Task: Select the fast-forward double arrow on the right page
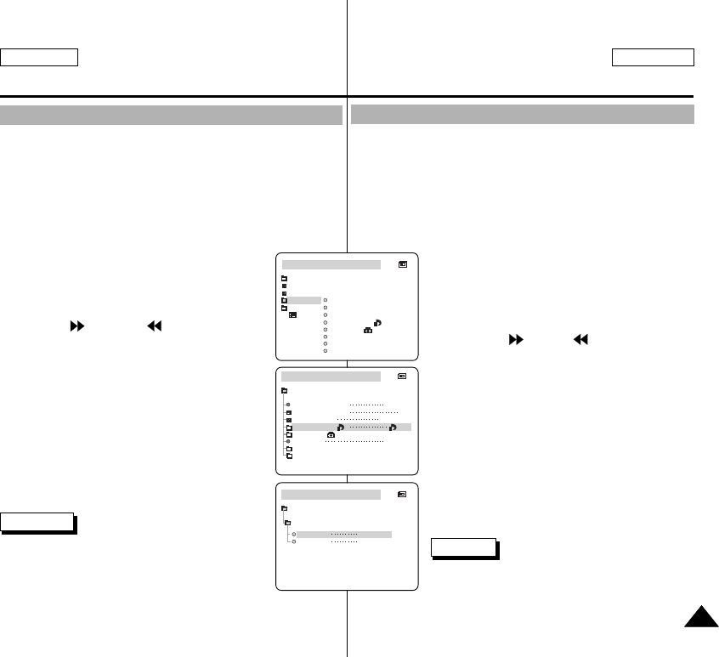[x=515, y=337]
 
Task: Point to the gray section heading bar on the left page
[x=171, y=115]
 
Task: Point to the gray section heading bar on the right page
[x=523, y=115]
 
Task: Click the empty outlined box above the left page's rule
[x=39, y=57]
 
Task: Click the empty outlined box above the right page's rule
[x=653, y=57]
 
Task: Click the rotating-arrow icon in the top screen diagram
[x=377, y=322]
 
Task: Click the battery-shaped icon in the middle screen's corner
[x=402, y=375]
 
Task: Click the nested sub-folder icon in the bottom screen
[x=288, y=523]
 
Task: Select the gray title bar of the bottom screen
[x=331, y=494]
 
